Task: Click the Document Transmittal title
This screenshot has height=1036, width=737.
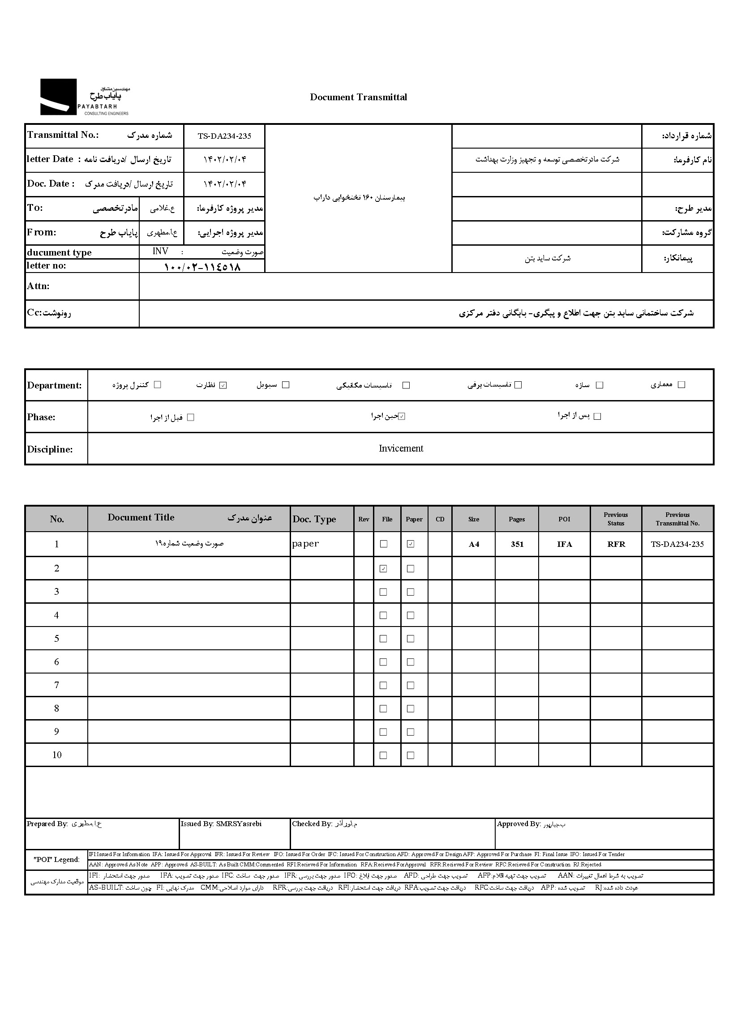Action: coord(358,97)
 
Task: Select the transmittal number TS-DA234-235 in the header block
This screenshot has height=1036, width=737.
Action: coord(224,136)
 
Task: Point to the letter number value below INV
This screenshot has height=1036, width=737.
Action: coord(202,267)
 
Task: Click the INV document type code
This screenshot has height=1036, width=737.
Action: coord(160,252)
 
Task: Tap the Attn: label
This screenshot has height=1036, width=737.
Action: coord(38,286)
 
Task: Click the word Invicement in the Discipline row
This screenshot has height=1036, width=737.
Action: coord(401,448)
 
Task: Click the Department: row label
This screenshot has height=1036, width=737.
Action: coord(55,386)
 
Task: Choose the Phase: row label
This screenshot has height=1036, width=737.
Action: coord(41,417)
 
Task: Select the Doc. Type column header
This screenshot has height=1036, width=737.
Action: coord(314,520)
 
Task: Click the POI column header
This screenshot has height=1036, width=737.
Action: coord(564,520)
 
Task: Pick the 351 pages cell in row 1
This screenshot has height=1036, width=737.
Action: coord(517,544)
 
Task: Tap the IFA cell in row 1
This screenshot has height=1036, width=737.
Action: coord(564,544)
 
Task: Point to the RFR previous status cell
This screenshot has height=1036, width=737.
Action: coord(616,544)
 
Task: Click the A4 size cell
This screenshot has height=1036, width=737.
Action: coord(474,544)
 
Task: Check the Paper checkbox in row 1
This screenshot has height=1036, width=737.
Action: coord(411,544)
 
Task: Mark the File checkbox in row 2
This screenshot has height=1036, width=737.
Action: coord(383,568)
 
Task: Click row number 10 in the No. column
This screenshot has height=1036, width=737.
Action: coord(57,755)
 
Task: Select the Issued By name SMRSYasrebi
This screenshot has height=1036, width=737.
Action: coord(239,824)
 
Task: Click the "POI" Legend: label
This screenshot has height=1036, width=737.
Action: coord(57,860)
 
